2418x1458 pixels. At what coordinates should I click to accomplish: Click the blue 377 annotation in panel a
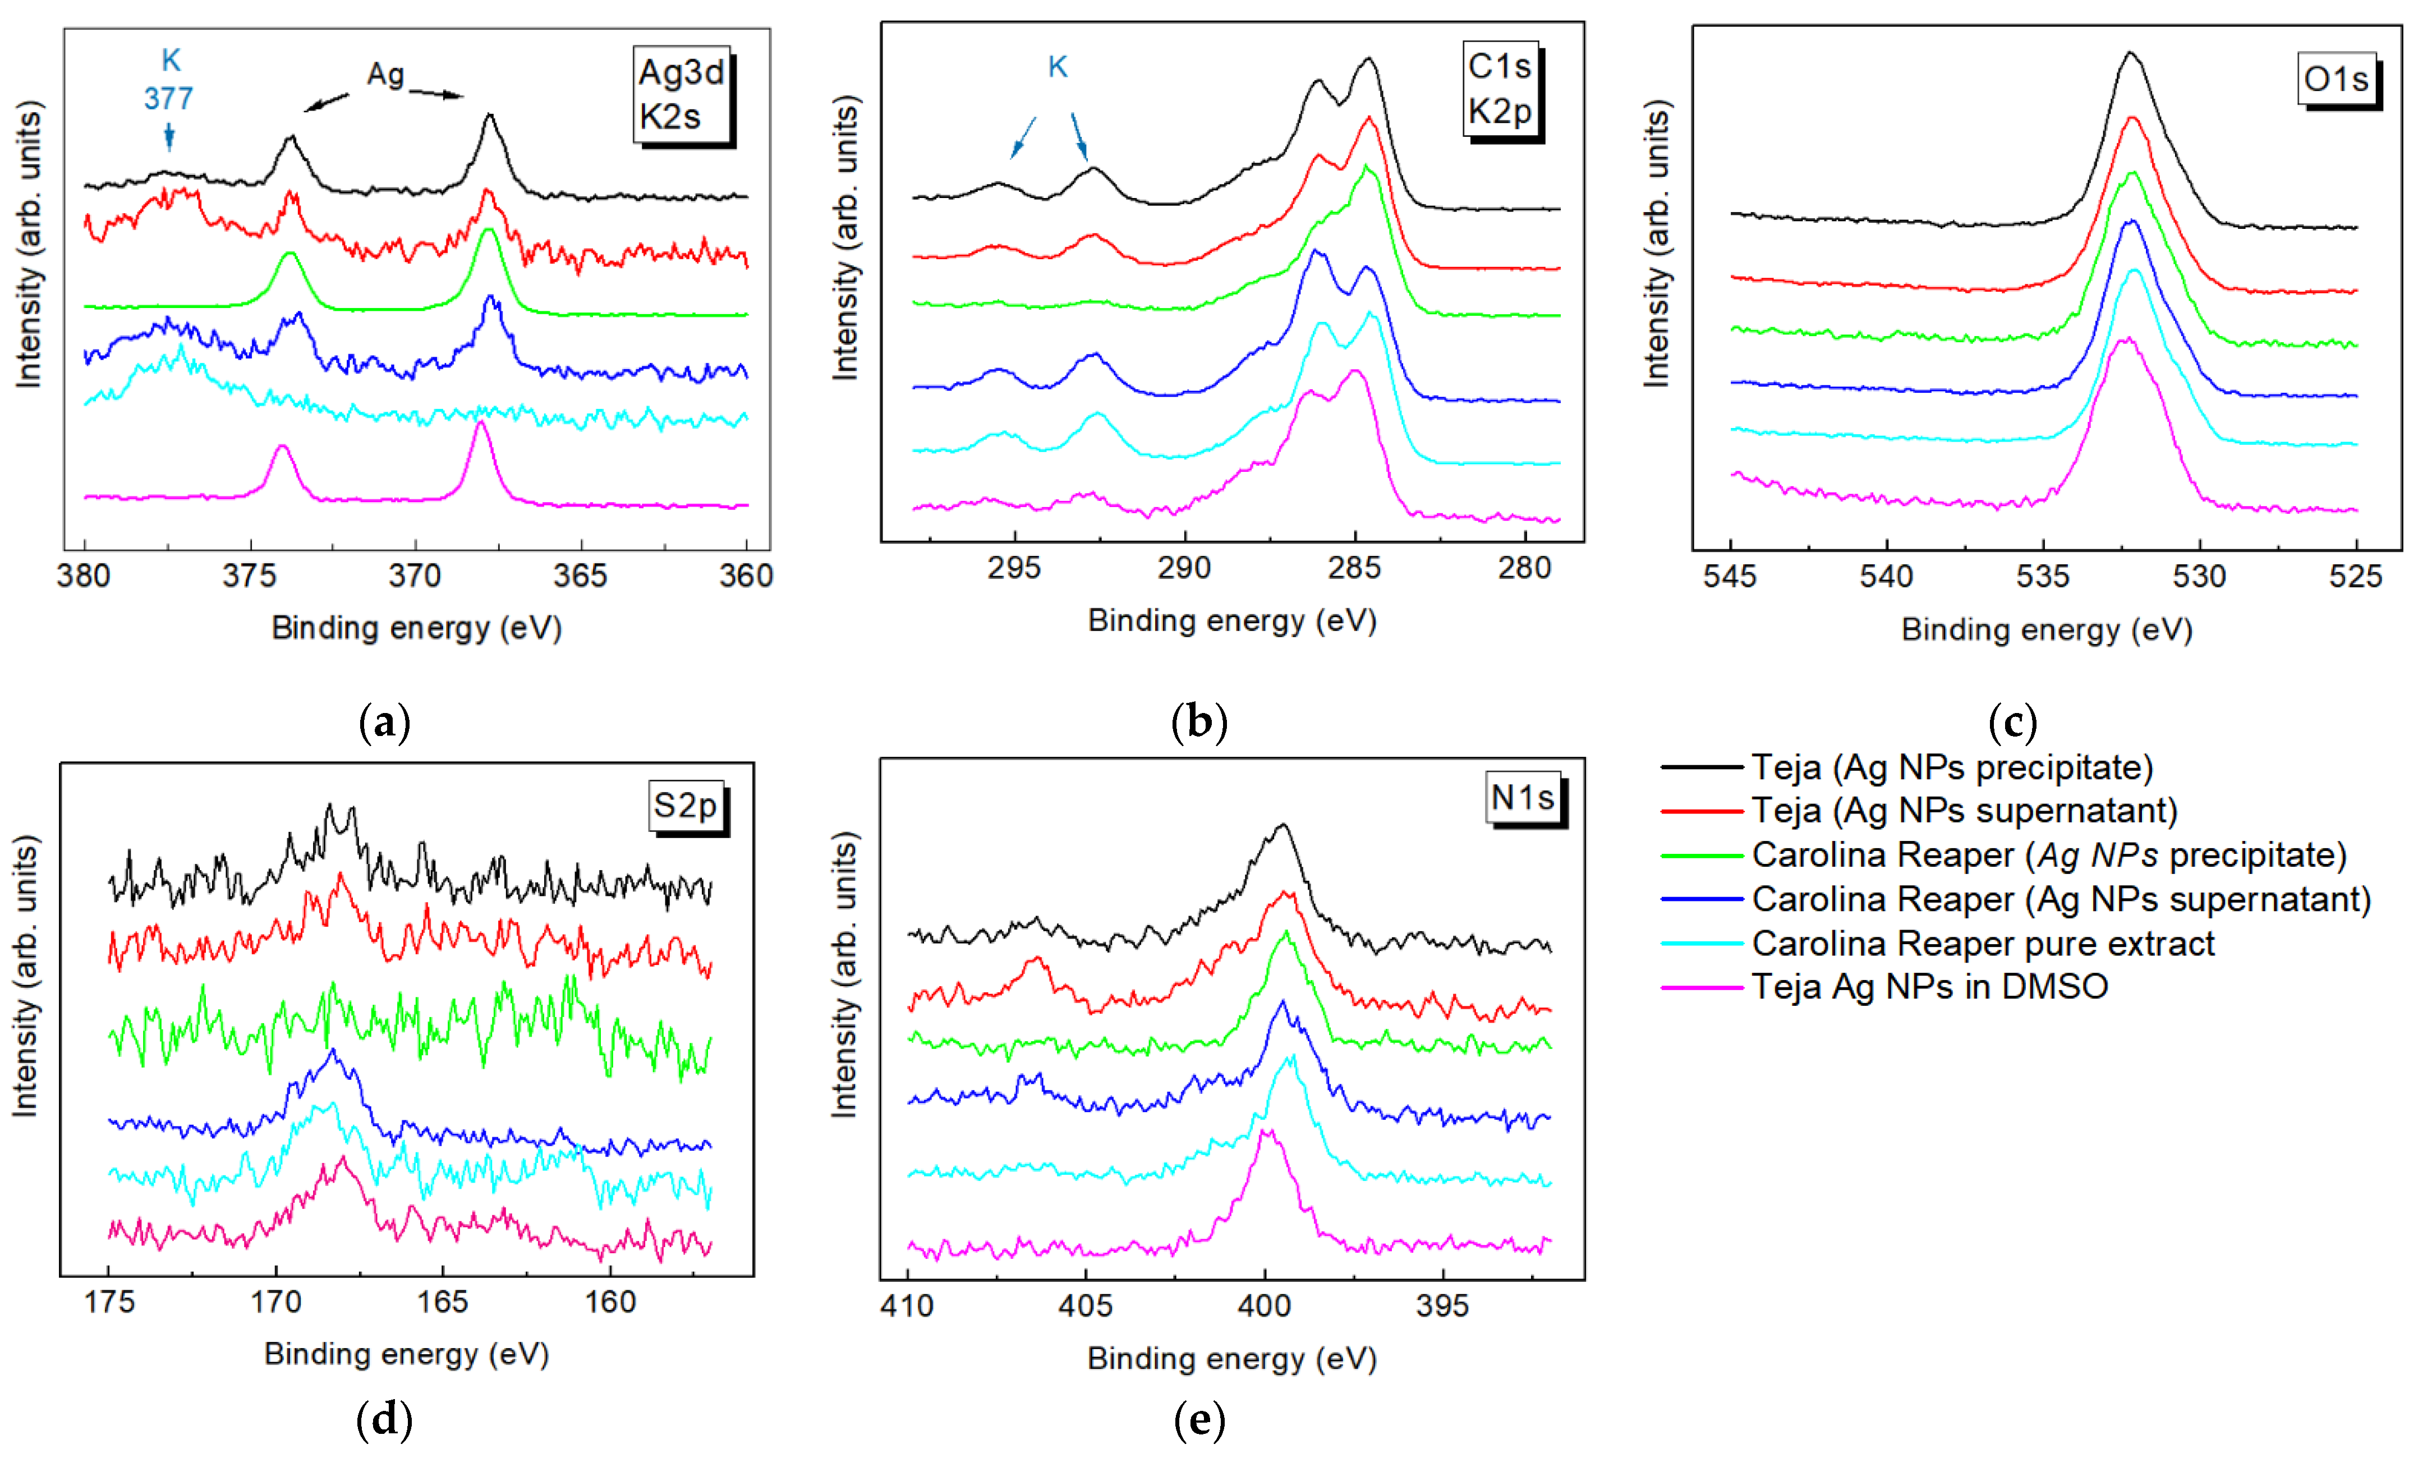coord(169,98)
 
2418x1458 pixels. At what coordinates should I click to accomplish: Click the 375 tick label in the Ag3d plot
coord(249,576)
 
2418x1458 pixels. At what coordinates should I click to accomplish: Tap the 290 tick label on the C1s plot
coord(1184,568)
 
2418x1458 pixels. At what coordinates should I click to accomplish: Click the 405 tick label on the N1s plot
coord(1086,1306)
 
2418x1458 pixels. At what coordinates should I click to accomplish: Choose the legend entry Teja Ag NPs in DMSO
coord(1929,986)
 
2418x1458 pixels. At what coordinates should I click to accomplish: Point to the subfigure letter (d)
coord(384,1419)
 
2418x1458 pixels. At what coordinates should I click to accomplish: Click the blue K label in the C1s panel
coord(1057,67)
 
